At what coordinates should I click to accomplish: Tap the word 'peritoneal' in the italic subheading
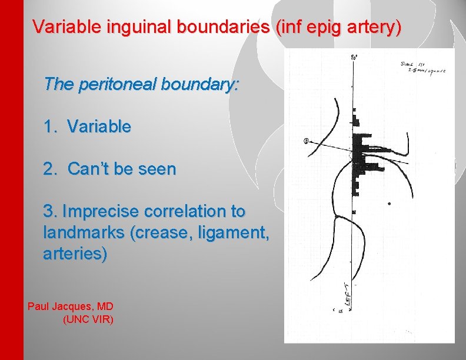[119, 84]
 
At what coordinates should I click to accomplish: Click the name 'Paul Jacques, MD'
[71, 306]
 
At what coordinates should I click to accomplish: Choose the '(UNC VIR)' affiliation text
[88, 319]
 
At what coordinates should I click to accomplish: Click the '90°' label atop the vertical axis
[354, 57]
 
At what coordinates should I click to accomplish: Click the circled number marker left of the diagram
[306, 141]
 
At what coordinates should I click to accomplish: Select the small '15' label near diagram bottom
[340, 311]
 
